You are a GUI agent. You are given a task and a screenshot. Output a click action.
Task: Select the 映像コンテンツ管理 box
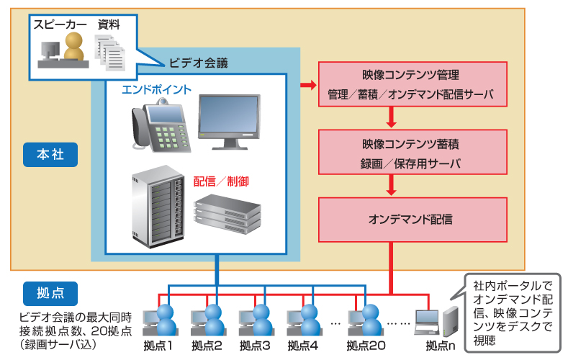click(x=413, y=84)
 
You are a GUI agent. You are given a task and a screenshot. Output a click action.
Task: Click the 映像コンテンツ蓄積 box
click(x=413, y=153)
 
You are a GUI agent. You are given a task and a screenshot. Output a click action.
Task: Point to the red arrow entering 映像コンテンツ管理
click(x=308, y=85)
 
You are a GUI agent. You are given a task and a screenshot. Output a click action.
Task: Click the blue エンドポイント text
click(x=157, y=90)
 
